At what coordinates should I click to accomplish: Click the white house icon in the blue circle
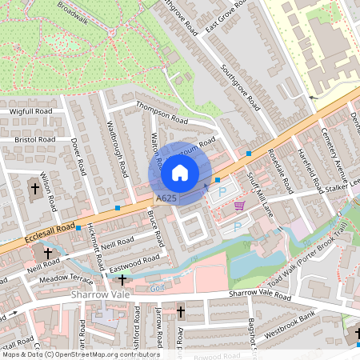coord(180,172)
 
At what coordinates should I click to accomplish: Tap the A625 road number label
coord(166,198)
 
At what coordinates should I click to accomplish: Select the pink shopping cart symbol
coord(239,206)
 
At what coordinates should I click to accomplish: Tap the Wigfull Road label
coord(30,111)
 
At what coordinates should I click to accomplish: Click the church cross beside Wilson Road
coord(34,190)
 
